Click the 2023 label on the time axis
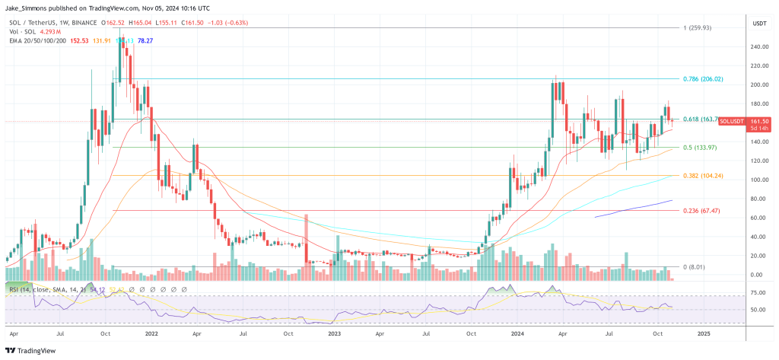(x=334, y=333)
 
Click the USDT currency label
(x=759, y=24)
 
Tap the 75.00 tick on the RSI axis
(x=758, y=292)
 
